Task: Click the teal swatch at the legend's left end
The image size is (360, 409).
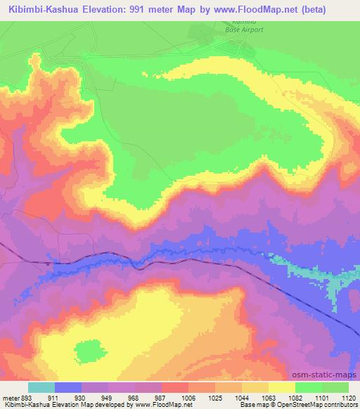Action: click(x=41, y=387)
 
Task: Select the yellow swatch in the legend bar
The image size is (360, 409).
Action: click(x=281, y=387)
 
